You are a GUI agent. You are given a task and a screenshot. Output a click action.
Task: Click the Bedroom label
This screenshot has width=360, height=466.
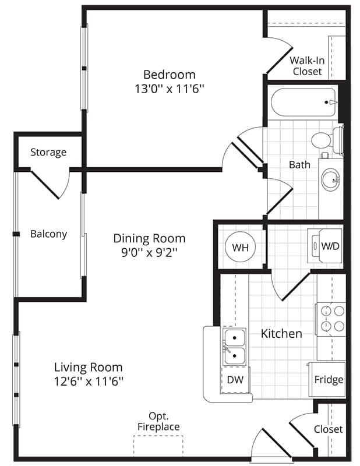click(169, 75)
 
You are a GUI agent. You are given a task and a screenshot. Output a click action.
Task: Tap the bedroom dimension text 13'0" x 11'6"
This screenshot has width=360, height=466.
click(169, 89)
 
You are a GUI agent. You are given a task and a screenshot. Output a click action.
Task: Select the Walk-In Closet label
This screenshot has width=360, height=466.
click(307, 66)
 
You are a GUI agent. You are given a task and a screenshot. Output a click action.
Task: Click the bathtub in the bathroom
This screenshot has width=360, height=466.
click(303, 103)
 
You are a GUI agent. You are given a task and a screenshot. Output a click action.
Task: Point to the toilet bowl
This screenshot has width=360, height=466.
click(322, 140)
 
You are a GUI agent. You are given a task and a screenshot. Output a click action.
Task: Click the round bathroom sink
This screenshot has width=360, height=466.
click(330, 180)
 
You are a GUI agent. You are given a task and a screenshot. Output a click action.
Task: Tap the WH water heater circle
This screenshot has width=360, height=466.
click(240, 247)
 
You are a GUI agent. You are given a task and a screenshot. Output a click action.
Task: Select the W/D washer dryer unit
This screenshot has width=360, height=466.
click(325, 245)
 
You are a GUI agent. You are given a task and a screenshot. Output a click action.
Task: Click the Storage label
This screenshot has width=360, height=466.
click(48, 152)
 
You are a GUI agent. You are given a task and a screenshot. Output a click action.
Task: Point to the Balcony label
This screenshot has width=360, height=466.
click(48, 234)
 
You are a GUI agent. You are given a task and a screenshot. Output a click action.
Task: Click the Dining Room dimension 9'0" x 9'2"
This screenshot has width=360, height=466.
click(149, 253)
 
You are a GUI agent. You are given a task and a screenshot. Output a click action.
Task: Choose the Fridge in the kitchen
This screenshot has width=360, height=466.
click(327, 379)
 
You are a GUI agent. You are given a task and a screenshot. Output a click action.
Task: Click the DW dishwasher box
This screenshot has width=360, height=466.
click(235, 380)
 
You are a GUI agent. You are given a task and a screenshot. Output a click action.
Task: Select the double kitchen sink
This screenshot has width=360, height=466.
click(235, 347)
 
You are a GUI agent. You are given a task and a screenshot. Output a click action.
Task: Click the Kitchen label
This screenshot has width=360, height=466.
click(281, 334)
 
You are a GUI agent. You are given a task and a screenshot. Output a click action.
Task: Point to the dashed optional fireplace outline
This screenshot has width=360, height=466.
click(158, 446)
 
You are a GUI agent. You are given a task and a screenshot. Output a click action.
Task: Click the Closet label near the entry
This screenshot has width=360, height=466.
click(328, 429)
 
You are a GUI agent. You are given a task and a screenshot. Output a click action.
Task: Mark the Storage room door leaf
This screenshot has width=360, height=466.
click(45, 185)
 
